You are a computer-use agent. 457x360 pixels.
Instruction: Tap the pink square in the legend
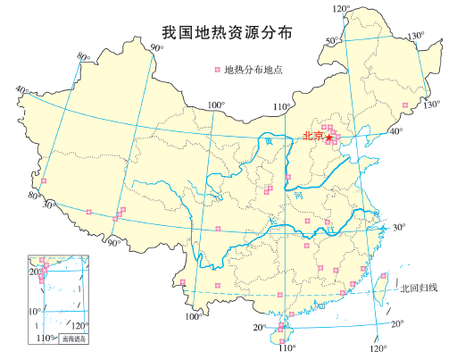click(215, 69)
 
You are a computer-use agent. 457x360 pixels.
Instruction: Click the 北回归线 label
click(420, 288)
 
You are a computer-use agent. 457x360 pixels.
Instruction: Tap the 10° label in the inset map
click(34, 311)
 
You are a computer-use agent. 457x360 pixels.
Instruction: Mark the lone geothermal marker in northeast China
click(404, 106)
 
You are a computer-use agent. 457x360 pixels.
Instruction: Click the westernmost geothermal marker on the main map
click(43, 182)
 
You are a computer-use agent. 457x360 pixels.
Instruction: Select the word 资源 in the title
click(239, 33)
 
